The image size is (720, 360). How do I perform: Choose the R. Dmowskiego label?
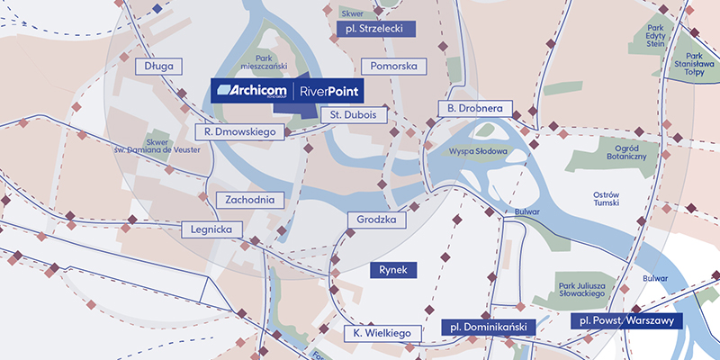tap(242, 131)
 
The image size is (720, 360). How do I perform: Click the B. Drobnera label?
tap(475, 109)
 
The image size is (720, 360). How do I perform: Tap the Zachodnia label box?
tap(250, 200)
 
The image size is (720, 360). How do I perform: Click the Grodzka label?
tap(378, 220)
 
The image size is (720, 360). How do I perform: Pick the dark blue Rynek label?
tap(394, 269)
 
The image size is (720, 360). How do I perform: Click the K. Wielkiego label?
tap(382, 334)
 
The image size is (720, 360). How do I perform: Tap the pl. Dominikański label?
tap(488, 328)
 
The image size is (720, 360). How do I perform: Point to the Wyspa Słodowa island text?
tap(480, 152)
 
